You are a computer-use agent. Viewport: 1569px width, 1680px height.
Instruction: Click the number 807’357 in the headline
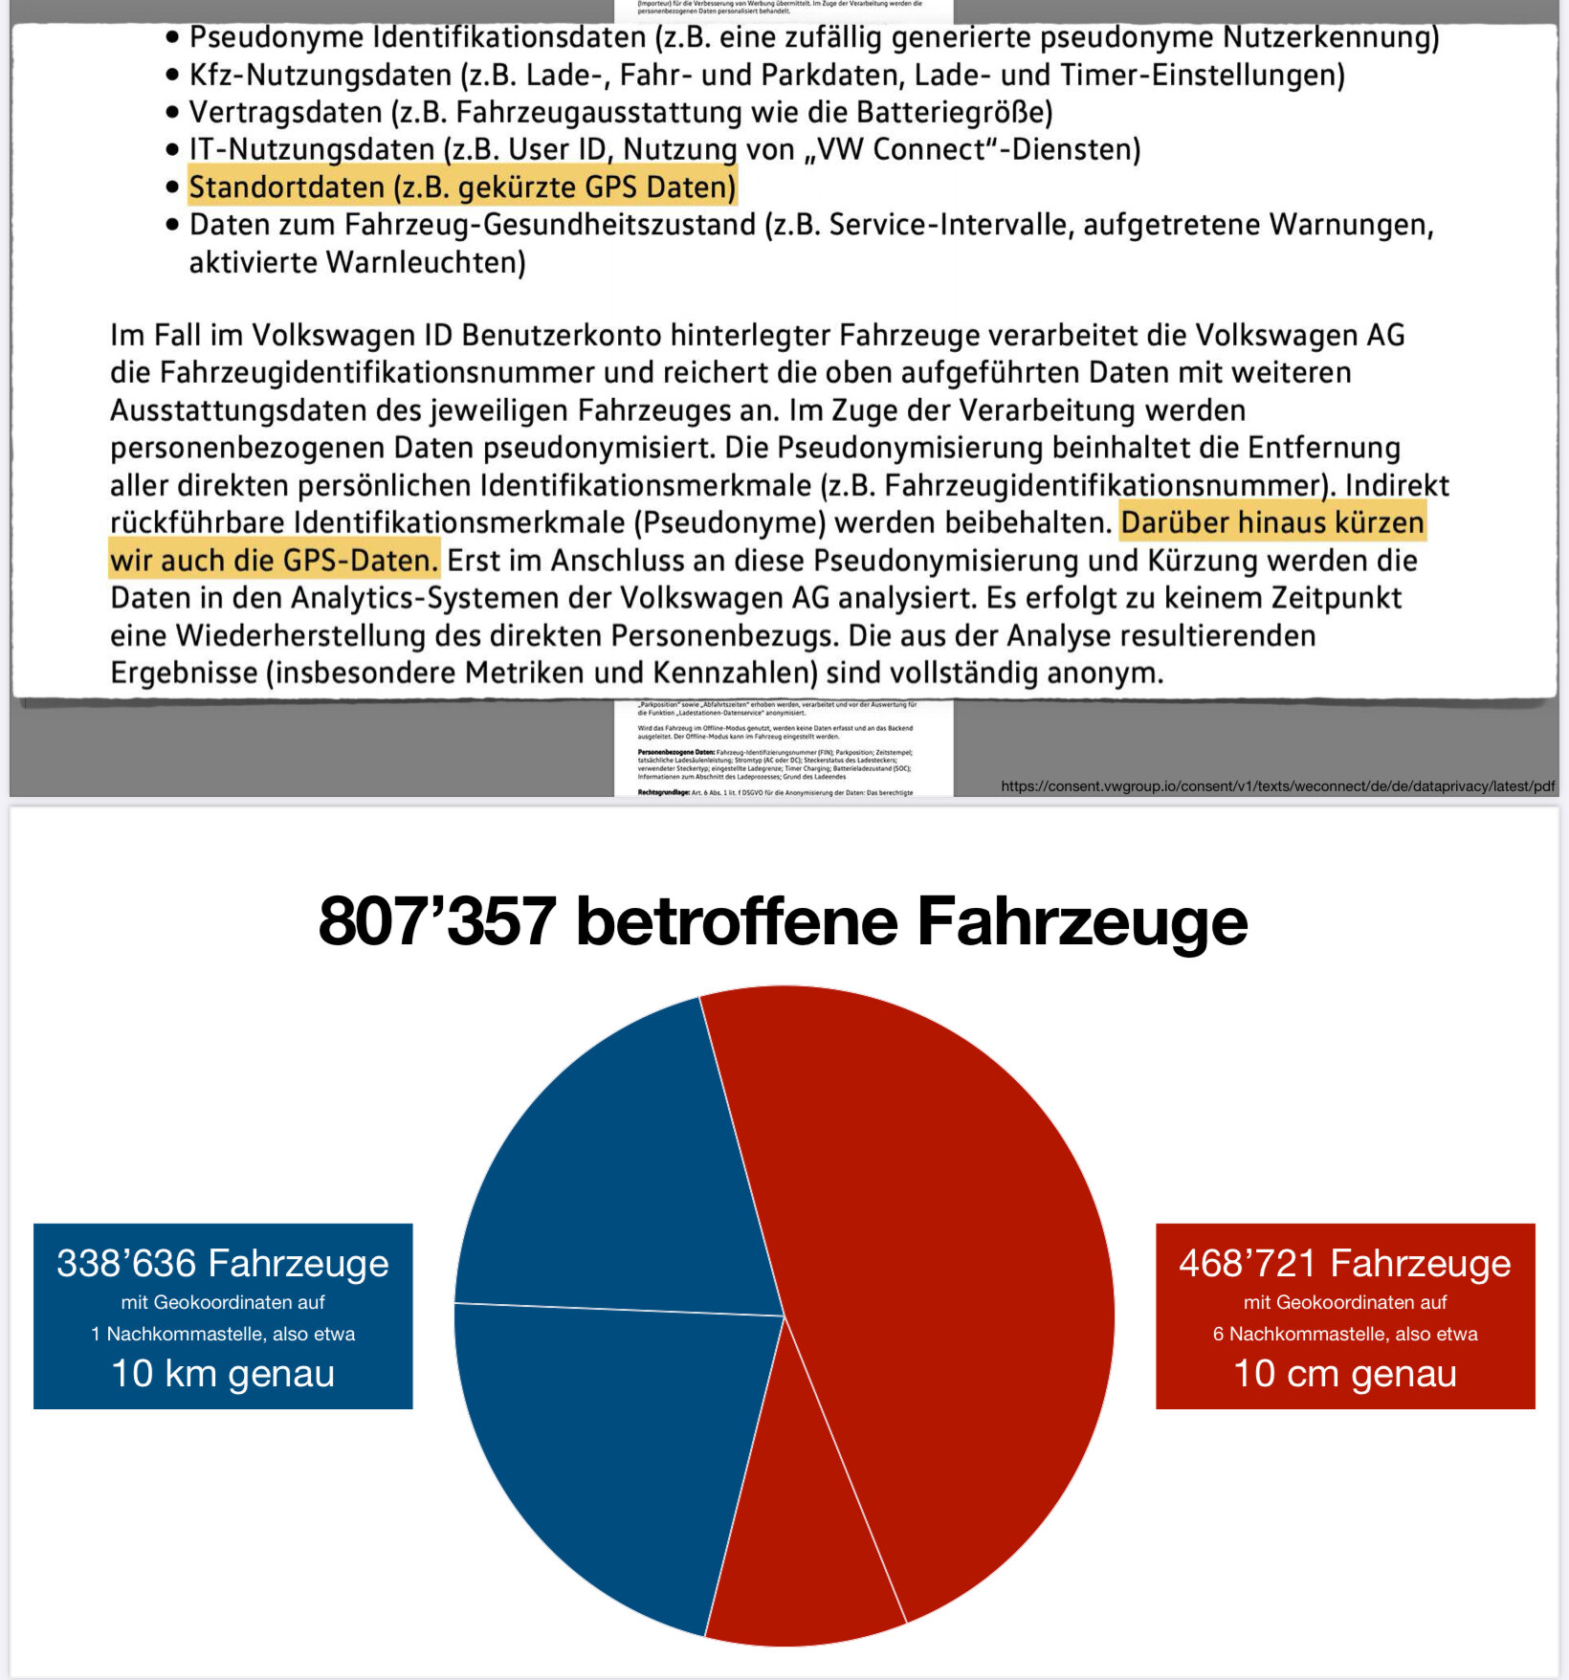point(436,921)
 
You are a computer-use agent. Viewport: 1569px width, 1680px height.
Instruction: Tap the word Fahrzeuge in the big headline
point(1082,921)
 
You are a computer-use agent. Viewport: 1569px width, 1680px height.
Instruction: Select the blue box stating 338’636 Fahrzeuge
point(223,1315)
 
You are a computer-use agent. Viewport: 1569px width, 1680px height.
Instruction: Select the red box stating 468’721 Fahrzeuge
point(1345,1315)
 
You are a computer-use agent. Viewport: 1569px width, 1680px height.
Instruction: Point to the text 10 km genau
point(223,1374)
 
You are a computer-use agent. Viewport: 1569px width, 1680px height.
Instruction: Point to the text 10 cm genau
point(1345,1374)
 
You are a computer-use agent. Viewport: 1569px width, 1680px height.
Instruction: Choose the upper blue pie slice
point(622,1177)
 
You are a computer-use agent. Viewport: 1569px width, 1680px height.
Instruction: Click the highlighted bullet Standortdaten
point(462,188)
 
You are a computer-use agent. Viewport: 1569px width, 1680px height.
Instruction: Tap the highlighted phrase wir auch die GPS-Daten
point(274,561)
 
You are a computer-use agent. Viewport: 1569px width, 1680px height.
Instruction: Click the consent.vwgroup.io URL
point(1277,786)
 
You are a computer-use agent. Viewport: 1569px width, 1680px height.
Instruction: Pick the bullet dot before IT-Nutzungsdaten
point(172,150)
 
